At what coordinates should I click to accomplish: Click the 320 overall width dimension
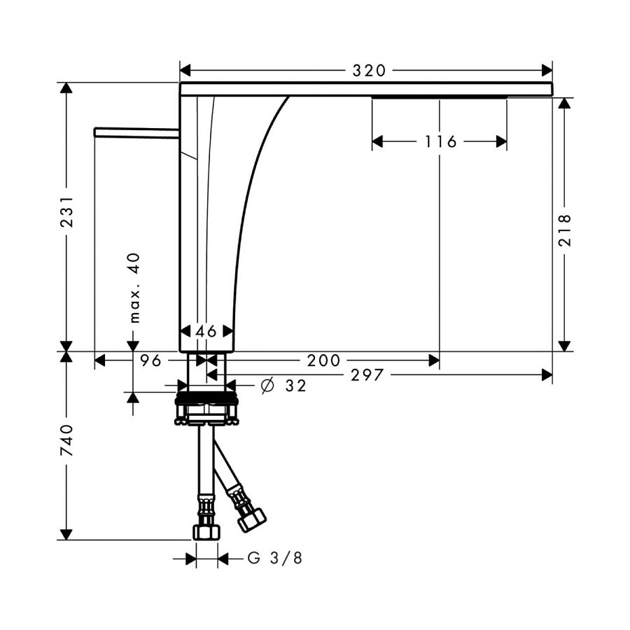coord(369,71)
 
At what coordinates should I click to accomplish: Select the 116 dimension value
coord(441,141)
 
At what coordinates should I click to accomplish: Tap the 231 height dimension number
coord(66,211)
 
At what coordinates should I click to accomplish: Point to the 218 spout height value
coord(565,230)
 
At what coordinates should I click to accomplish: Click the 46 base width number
coord(206,332)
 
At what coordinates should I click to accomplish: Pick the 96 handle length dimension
coord(150,360)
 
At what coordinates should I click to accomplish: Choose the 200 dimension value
coord(323,360)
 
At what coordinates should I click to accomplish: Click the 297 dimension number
coord(367,375)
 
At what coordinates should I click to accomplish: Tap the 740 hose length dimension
coord(66,440)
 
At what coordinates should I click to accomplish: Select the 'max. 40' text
coord(135,288)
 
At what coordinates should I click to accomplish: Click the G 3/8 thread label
coord(275,558)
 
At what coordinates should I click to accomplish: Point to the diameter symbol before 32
coord(267,386)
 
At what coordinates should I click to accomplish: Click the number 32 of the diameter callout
coord(295,386)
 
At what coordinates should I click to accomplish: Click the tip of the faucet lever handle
coord(95,132)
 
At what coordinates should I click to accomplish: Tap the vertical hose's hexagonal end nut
coord(206,531)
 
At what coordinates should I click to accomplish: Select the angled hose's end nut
coord(252,520)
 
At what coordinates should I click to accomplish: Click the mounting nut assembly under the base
coord(206,408)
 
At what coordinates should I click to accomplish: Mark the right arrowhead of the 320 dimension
coord(547,71)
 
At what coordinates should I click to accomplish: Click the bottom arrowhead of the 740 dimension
coord(66,534)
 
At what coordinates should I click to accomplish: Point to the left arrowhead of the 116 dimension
coord(377,141)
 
